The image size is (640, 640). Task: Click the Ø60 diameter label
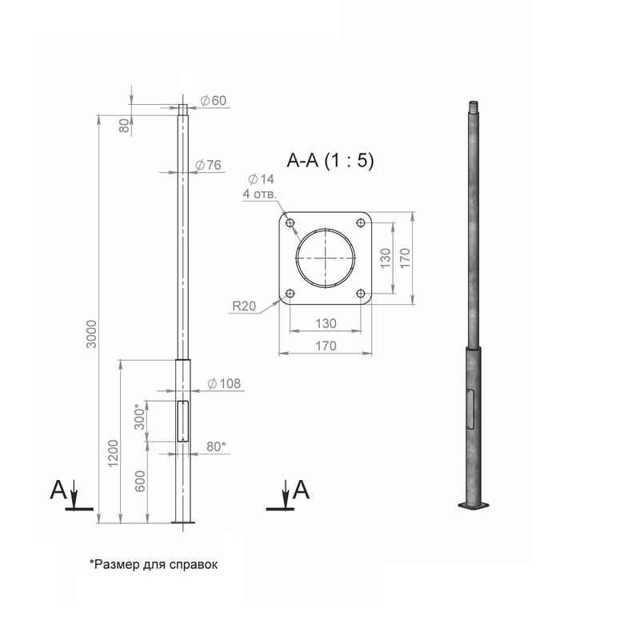(213, 101)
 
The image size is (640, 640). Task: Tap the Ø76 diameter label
(208, 165)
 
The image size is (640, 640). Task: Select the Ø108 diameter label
(224, 384)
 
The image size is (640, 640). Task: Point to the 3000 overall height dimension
(93, 334)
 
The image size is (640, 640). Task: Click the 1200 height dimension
(114, 453)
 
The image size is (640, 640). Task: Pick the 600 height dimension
(140, 482)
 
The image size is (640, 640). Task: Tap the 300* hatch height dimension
(139, 416)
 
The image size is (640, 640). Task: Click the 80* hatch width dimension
(215, 446)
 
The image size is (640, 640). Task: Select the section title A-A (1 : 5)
(330, 161)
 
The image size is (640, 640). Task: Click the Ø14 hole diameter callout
(262, 179)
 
